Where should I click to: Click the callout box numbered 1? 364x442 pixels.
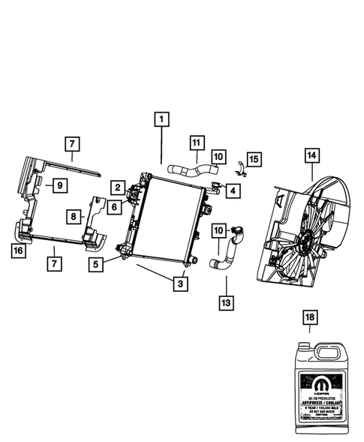(161, 119)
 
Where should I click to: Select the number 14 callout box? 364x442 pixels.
(311, 155)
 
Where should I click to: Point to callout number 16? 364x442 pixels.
(18, 251)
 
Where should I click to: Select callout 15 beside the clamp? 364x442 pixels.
(254, 159)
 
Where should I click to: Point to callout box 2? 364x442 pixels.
(119, 187)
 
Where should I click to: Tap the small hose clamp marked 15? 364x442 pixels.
(238, 164)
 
